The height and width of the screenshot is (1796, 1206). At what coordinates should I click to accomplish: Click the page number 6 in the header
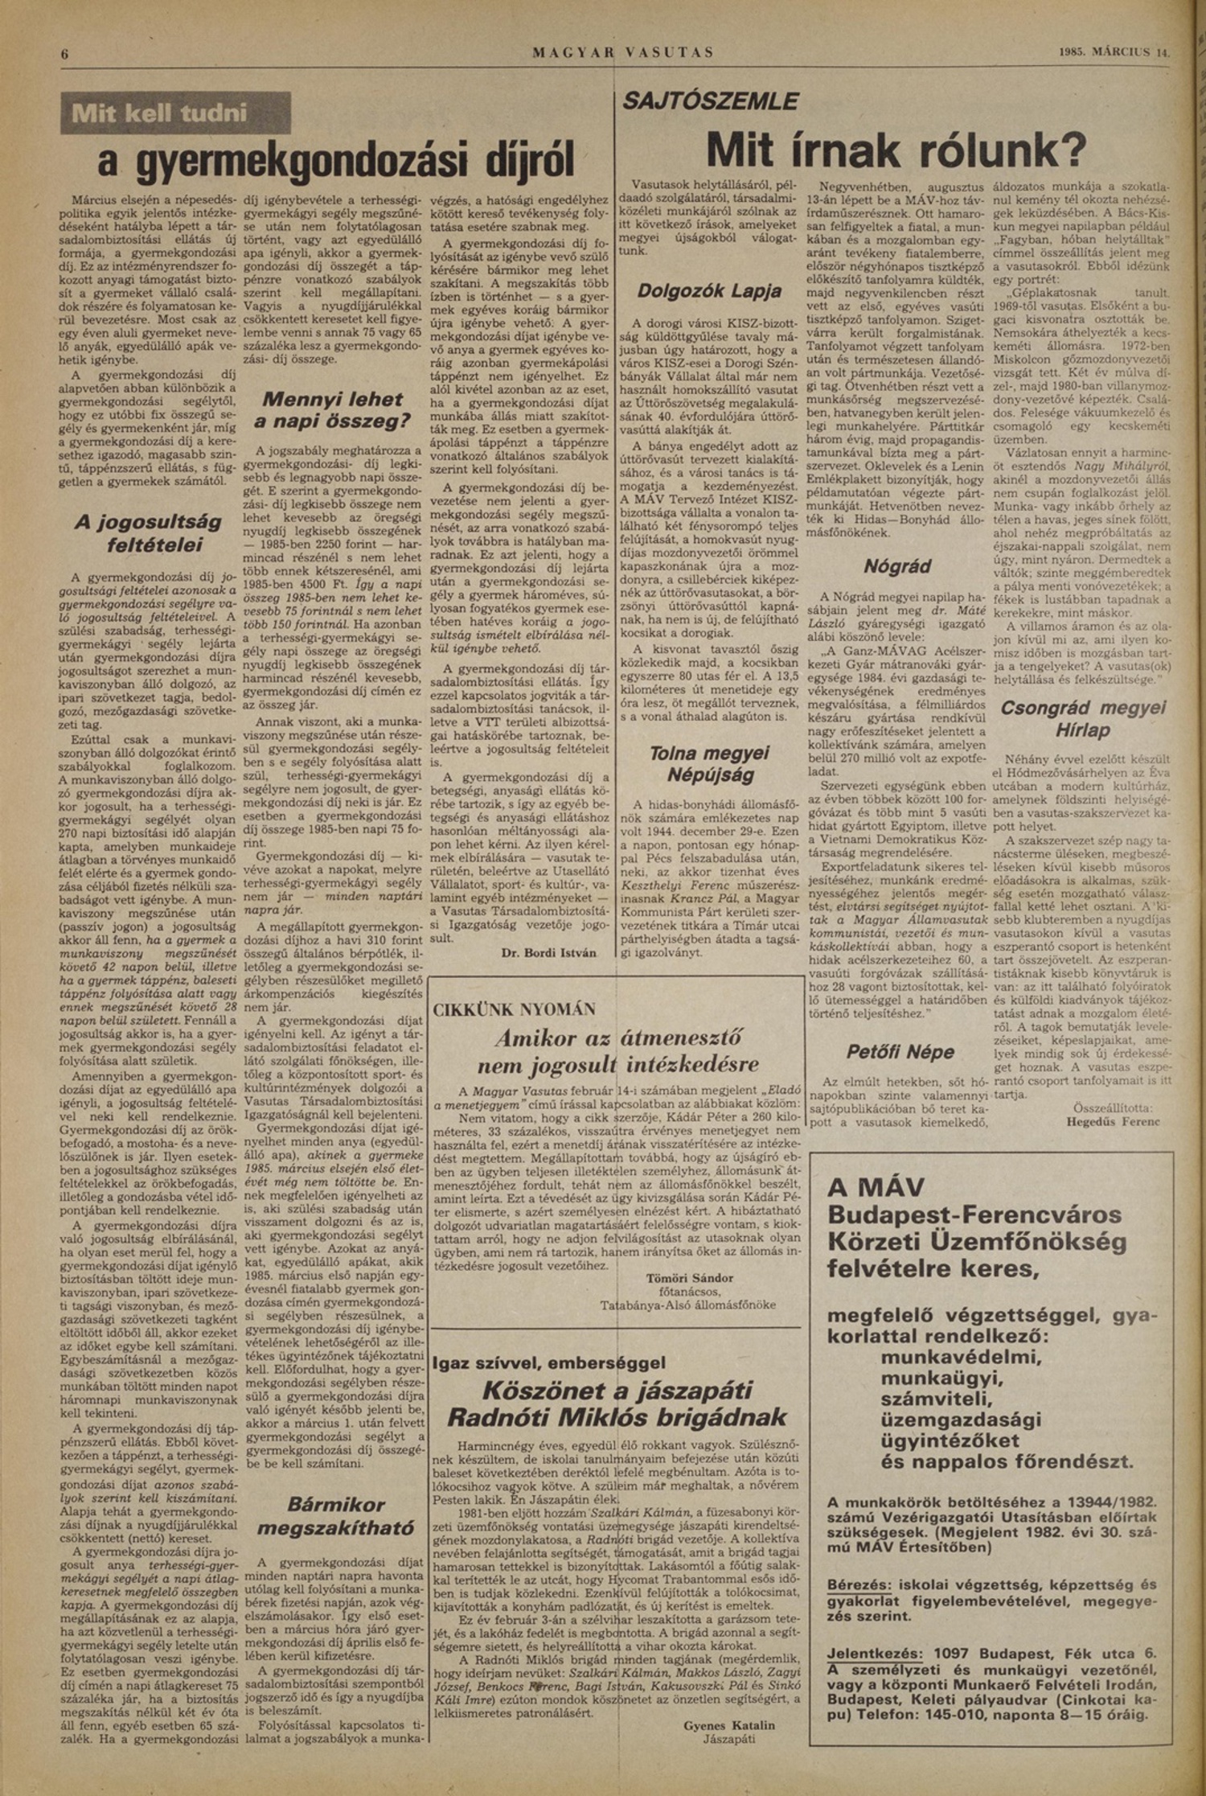tap(65, 54)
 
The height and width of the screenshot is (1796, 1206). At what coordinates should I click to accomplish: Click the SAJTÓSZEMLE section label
tap(710, 101)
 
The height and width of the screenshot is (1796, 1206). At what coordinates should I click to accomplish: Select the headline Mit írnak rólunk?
tap(896, 149)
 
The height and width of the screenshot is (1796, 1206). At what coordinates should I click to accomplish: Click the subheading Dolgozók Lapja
tap(709, 291)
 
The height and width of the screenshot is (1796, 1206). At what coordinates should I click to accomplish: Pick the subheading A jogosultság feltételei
tap(148, 533)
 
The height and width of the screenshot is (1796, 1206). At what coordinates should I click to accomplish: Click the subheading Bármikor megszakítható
tap(336, 1515)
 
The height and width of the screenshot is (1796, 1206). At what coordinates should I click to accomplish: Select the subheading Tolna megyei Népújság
tap(709, 764)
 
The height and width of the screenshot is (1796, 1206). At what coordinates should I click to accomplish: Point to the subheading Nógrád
tap(896, 566)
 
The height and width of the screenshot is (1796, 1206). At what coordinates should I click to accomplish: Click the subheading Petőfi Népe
tap(900, 1052)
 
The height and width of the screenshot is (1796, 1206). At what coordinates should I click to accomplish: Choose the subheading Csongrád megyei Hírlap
tap(1082, 718)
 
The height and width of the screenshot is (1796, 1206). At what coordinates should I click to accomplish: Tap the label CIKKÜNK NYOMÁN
tap(514, 1009)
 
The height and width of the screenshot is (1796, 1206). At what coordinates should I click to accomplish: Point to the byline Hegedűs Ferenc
tap(1113, 1121)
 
